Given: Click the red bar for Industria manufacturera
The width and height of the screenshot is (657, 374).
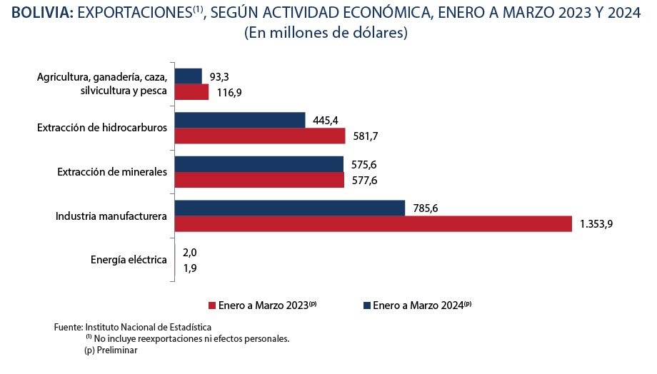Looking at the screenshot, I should pyautogui.click(x=373, y=224).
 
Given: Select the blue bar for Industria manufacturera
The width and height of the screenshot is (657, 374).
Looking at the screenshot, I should pyautogui.click(x=290, y=208).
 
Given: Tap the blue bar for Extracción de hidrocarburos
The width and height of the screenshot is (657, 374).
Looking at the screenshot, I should pyautogui.click(x=239, y=120).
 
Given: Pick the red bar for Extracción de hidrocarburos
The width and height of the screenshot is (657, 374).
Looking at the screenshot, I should pyautogui.click(x=260, y=136).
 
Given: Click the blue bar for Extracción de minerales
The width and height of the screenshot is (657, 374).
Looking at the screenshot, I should pyautogui.click(x=259, y=164).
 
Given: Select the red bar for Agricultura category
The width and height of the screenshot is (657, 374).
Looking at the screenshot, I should pyautogui.click(x=191, y=92).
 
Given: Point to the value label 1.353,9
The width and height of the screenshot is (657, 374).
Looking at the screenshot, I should pyautogui.click(x=596, y=224).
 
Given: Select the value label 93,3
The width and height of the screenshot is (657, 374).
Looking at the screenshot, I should pyautogui.click(x=221, y=76).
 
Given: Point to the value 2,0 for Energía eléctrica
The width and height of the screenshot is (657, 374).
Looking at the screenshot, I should pyautogui.click(x=190, y=252).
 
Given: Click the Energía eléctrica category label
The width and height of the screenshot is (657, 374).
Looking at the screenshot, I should pyautogui.click(x=129, y=260).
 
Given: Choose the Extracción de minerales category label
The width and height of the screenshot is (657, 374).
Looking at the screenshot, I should pyautogui.click(x=112, y=172).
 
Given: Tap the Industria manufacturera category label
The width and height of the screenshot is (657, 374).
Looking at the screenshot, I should pyautogui.click(x=111, y=216).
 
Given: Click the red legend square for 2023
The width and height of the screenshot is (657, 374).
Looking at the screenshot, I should pyautogui.click(x=211, y=305).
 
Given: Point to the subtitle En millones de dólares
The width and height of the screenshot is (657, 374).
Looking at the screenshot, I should pyautogui.click(x=326, y=34).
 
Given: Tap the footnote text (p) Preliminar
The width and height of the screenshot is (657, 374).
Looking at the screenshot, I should pyautogui.click(x=111, y=350).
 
